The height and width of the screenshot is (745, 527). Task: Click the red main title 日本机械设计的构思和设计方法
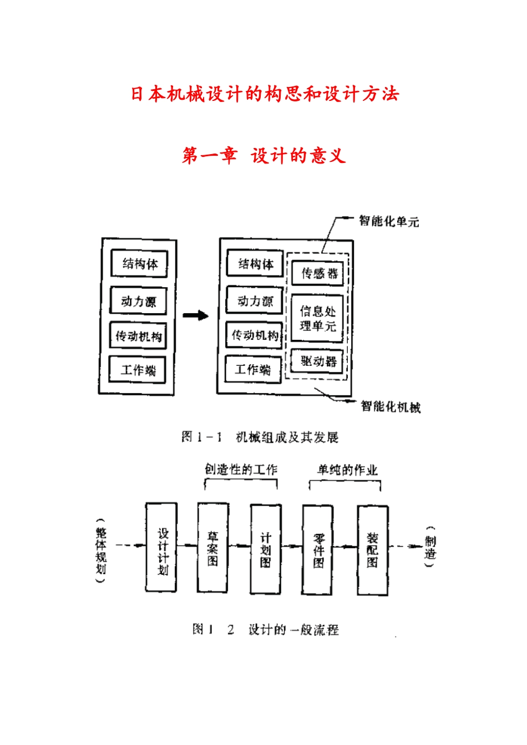pyautogui.click(x=265, y=94)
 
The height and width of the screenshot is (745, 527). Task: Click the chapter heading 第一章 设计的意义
pyautogui.click(x=264, y=156)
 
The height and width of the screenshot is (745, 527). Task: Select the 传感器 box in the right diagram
pyautogui.click(x=318, y=273)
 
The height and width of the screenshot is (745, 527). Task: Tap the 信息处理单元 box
pyautogui.click(x=317, y=319)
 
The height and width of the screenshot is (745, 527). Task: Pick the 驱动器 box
pyautogui.click(x=318, y=362)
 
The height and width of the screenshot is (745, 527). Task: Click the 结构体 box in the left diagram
pyautogui.click(x=139, y=264)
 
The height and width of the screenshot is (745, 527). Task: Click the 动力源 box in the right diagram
pyautogui.click(x=255, y=301)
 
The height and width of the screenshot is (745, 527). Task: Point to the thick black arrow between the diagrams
pyautogui.click(x=195, y=316)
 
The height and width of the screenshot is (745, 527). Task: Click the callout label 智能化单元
pyautogui.click(x=388, y=221)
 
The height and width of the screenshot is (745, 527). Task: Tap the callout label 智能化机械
pyautogui.click(x=390, y=407)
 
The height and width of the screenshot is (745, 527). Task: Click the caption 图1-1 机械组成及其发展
pyautogui.click(x=260, y=437)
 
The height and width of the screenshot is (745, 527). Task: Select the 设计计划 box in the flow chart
pyautogui.click(x=161, y=548)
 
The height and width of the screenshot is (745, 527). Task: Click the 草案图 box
pyautogui.click(x=213, y=548)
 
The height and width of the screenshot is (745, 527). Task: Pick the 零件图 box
pyautogui.click(x=318, y=549)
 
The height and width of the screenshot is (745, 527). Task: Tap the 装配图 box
pyautogui.click(x=372, y=550)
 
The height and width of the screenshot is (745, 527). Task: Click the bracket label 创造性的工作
pyautogui.click(x=241, y=470)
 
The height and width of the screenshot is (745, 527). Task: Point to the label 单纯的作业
pyautogui.click(x=347, y=470)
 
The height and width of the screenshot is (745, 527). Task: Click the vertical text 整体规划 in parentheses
pyautogui.click(x=100, y=550)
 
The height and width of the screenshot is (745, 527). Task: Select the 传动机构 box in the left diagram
pyautogui.click(x=138, y=336)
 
